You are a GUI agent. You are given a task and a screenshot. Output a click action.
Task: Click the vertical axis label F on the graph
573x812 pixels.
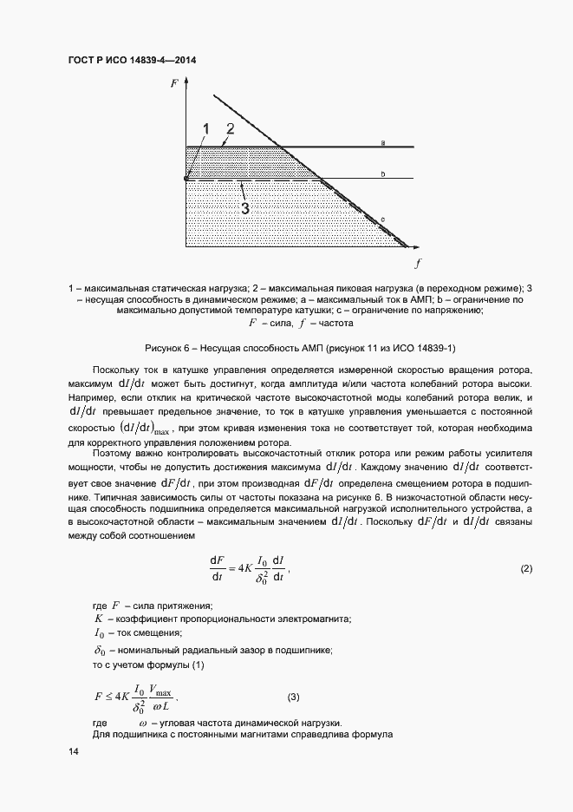point(175,84)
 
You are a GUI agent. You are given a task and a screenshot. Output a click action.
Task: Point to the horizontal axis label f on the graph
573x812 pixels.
point(418,261)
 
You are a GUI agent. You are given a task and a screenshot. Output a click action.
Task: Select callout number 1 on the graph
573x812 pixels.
point(206,129)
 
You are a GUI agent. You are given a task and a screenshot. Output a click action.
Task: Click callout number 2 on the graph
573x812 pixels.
point(230,128)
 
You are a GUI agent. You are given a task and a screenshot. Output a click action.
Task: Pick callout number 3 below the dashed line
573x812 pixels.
point(245,208)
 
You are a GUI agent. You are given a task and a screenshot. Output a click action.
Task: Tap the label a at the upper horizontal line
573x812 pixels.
point(381,142)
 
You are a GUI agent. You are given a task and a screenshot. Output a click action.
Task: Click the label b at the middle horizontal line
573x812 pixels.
point(381,174)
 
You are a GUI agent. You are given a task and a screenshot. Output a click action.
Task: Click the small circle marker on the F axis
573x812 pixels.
point(186,179)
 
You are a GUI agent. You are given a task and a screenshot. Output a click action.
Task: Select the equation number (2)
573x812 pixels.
point(525,569)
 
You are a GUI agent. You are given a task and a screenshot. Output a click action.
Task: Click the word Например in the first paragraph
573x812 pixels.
point(92,396)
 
